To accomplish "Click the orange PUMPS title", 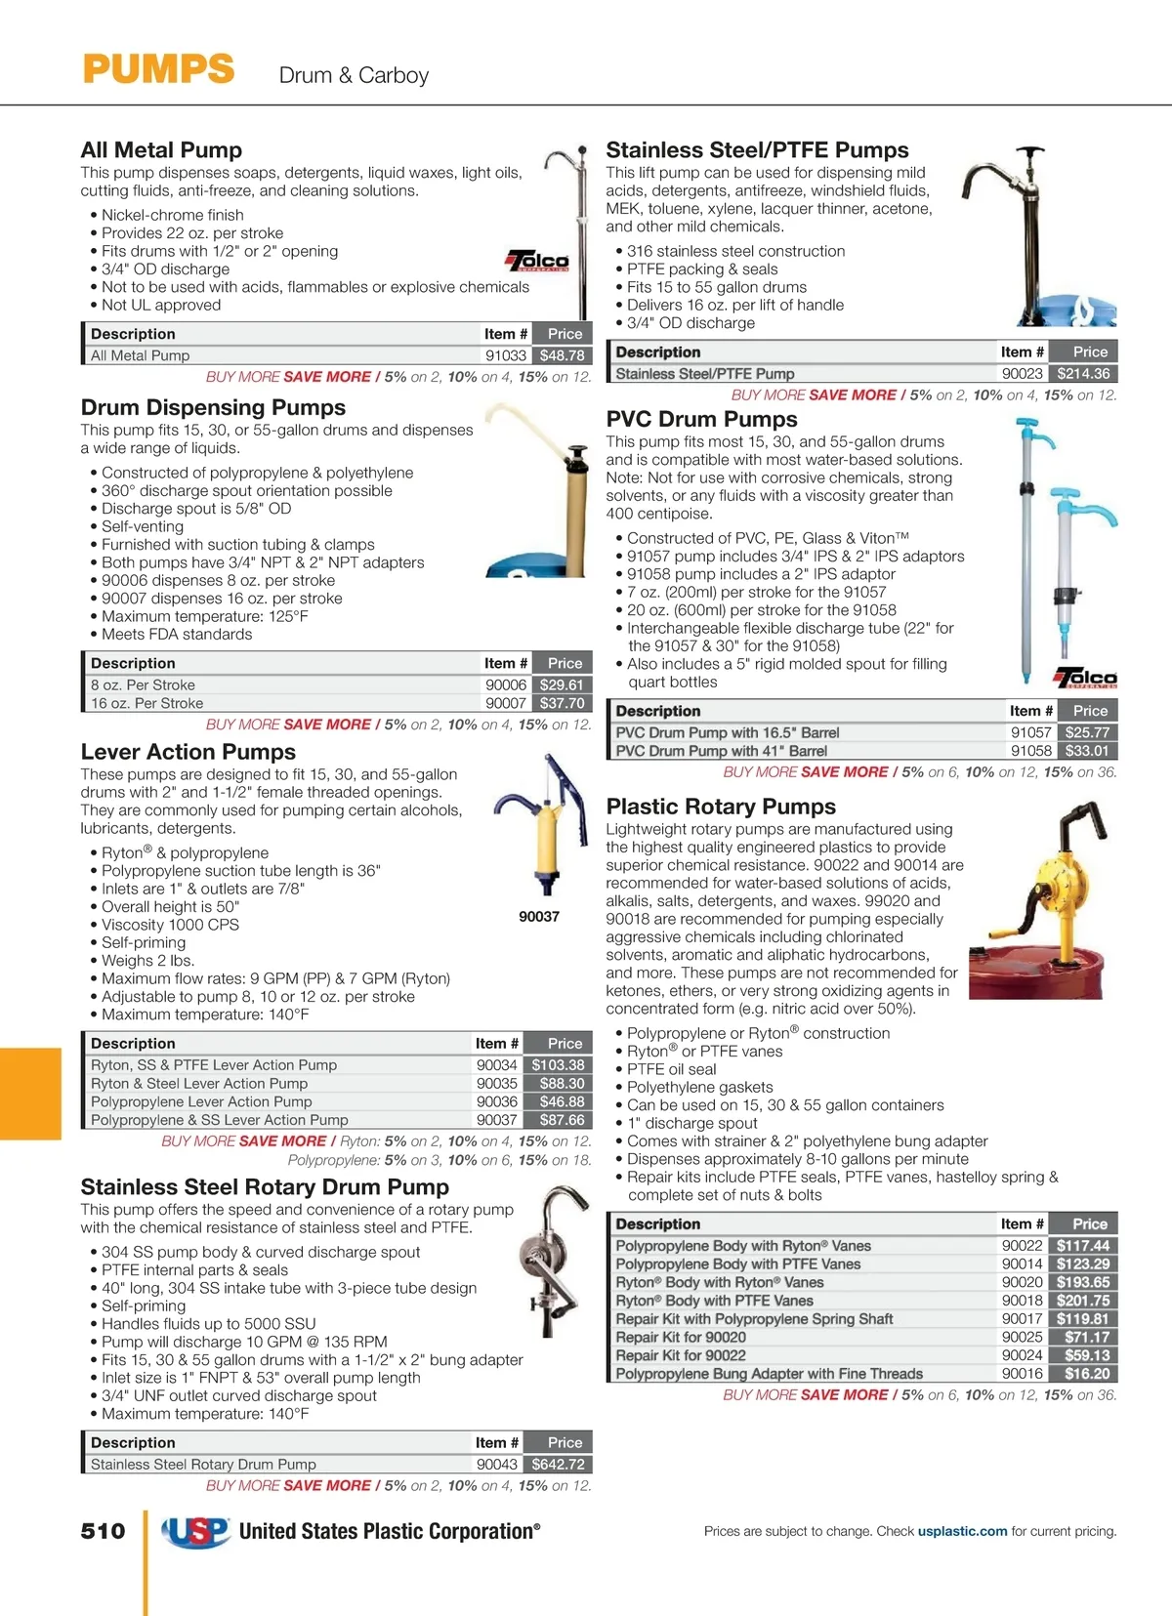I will click(158, 70).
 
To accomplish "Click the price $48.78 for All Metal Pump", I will click(563, 355).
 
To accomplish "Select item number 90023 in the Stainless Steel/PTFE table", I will click(1022, 373).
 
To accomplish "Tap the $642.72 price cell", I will click(559, 1464).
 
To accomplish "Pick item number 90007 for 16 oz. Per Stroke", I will click(506, 703).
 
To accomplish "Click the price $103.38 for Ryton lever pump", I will click(559, 1064).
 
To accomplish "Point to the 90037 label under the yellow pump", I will click(539, 916).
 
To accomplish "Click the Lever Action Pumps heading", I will click(188, 752).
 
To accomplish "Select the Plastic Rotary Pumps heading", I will click(721, 807).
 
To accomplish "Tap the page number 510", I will click(103, 1531).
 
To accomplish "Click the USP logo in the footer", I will click(196, 1532).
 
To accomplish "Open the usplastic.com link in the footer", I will click(962, 1531).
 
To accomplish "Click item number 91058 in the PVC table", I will click(1030, 751).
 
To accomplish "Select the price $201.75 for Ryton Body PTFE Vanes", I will click(1083, 1301).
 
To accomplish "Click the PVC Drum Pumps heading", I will click(701, 419).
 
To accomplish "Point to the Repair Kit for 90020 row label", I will click(681, 1337).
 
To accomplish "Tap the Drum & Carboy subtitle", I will click(354, 75).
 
